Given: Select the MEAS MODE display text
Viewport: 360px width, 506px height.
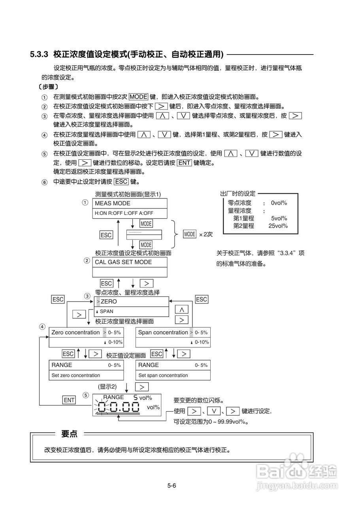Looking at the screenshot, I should tap(113, 204).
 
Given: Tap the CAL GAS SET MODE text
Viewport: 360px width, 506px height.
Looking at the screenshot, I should tap(123, 262).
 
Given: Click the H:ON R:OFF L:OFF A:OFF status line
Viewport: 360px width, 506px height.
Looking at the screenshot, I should tap(124, 213).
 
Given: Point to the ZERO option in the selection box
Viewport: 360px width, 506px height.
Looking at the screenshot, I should tap(109, 302).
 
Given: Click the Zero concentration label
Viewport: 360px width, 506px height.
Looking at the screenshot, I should tap(75, 332).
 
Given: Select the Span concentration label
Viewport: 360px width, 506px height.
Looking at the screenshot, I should tap(163, 332).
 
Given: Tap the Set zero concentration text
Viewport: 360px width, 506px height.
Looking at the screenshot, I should tap(76, 375).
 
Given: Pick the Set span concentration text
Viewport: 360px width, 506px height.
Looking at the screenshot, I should tap(163, 375).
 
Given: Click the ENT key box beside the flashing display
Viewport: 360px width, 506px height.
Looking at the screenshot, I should tap(69, 400).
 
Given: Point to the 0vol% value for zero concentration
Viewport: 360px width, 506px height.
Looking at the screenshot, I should tap(279, 203).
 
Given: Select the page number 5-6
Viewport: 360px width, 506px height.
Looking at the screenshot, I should tap(172, 485).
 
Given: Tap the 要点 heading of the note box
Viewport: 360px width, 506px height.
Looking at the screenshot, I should tap(69, 434).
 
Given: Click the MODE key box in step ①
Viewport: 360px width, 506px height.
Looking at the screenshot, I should tap(138, 96).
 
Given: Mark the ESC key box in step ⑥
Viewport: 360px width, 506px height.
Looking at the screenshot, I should tap(121, 182).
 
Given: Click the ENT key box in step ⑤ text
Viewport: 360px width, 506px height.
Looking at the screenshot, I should tap(184, 163).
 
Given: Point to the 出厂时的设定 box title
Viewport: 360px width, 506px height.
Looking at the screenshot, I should tap(238, 194).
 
